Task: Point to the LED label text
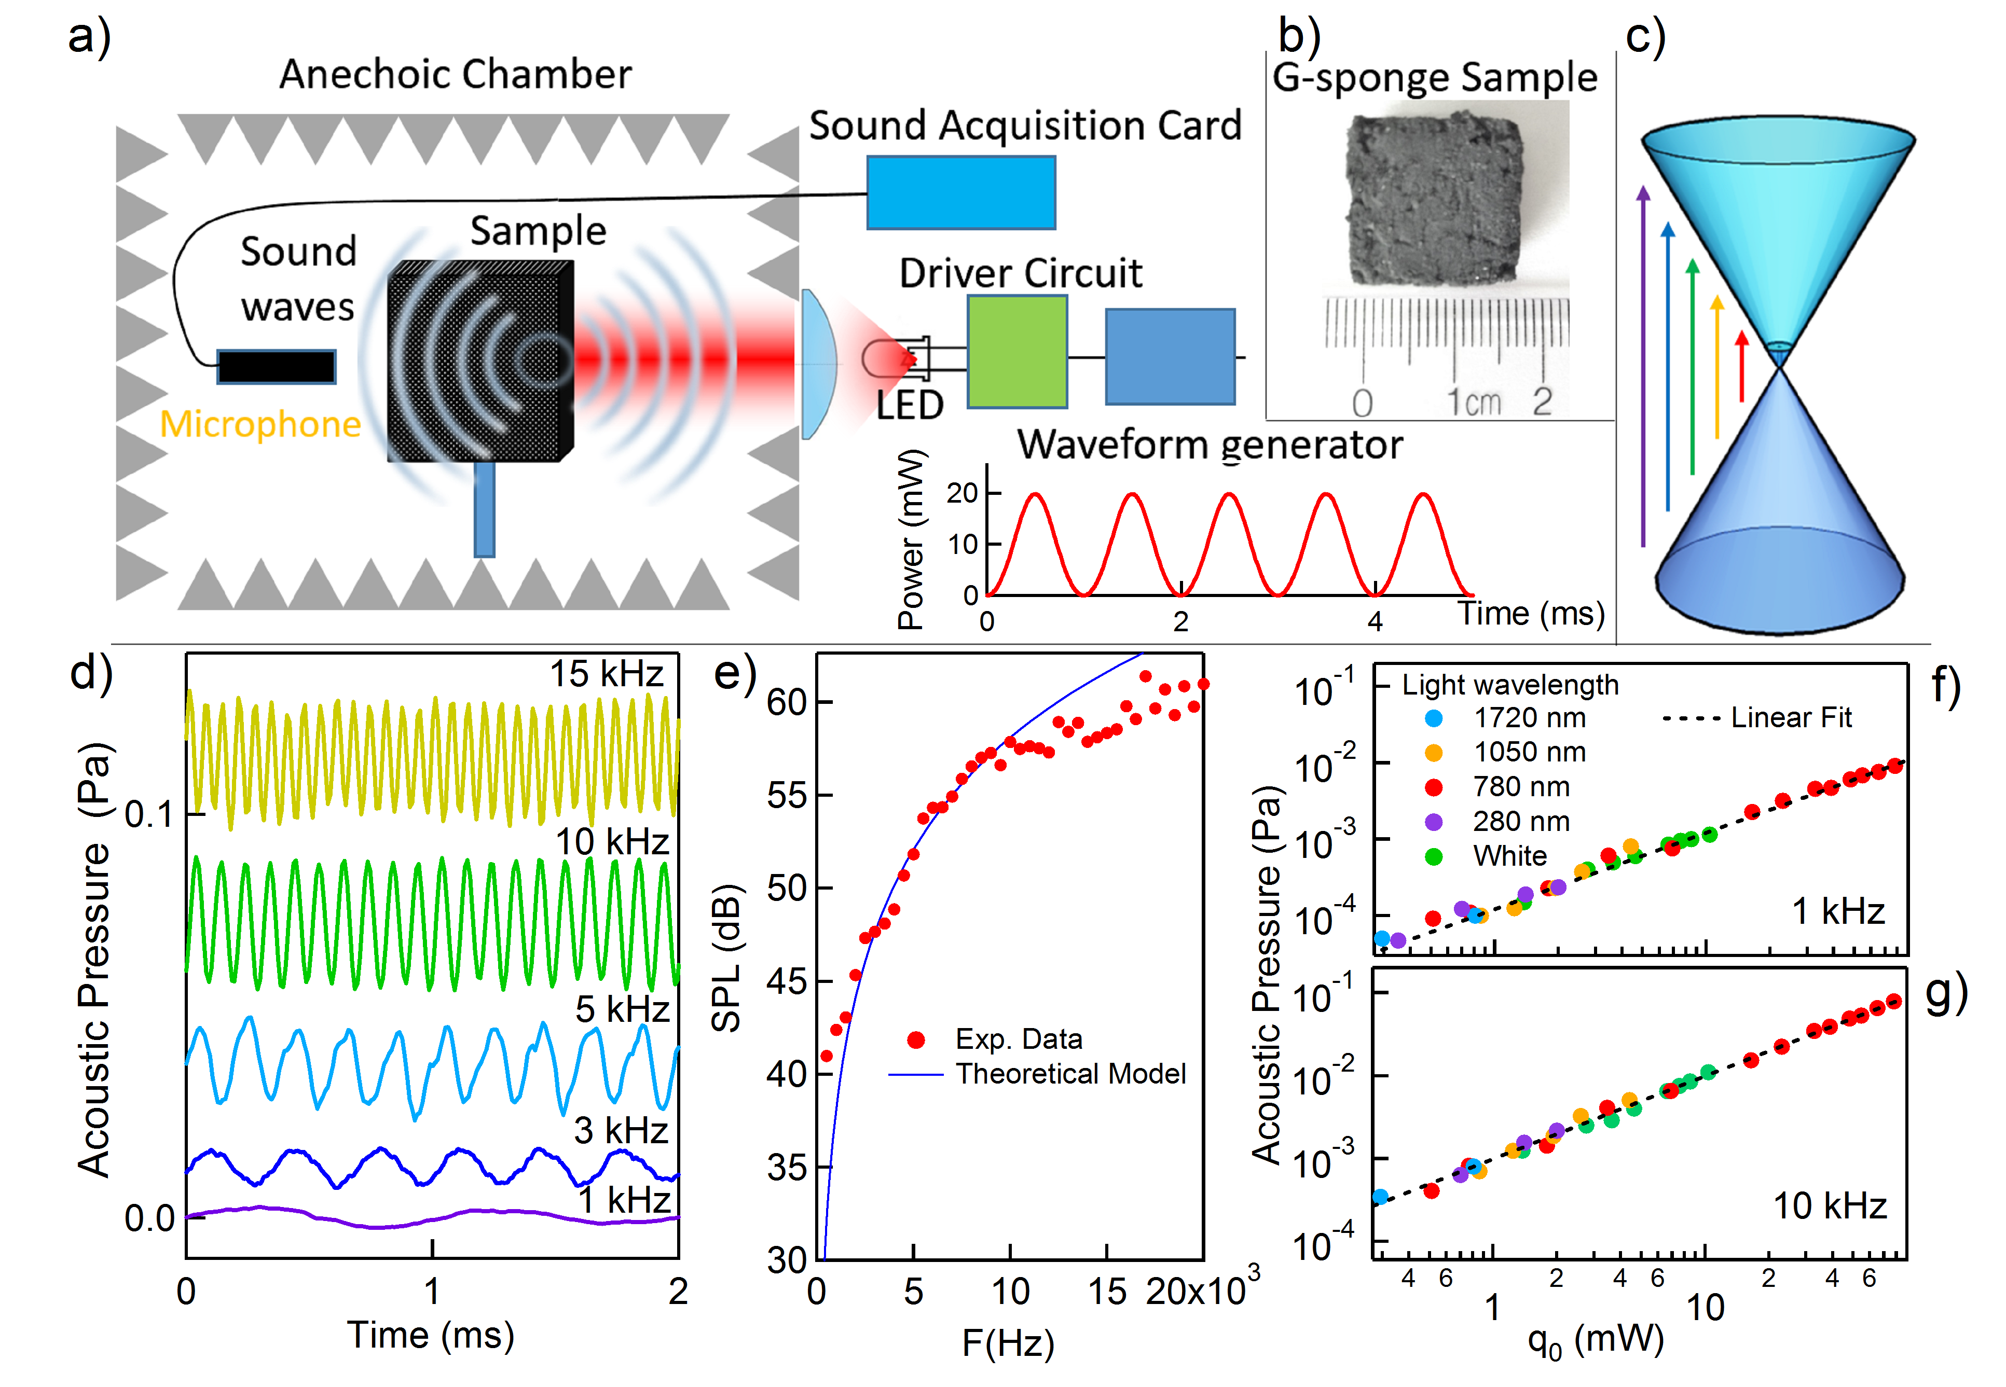(909, 406)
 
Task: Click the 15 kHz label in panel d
(606, 673)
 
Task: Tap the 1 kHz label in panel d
(624, 1200)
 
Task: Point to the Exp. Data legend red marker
(915, 1039)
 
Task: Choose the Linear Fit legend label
(1791, 718)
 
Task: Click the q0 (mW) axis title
(1595, 1340)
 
